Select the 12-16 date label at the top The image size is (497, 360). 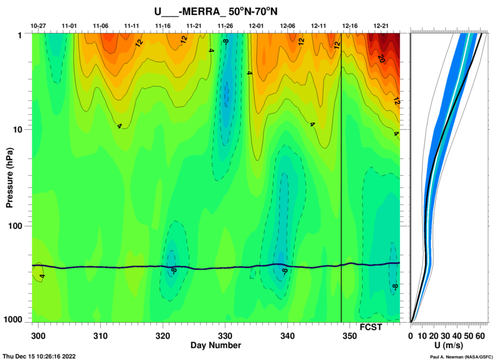coord(350,25)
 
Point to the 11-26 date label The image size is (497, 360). coord(225,25)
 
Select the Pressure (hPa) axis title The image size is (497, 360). coord(9,176)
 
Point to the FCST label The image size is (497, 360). coord(370,327)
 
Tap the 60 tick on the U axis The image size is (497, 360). coord(480,336)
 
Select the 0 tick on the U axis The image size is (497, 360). coord(411,336)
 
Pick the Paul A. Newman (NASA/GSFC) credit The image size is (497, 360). coord(462,356)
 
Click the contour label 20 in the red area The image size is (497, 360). coord(381,58)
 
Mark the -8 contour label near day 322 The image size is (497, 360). coord(172,269)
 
